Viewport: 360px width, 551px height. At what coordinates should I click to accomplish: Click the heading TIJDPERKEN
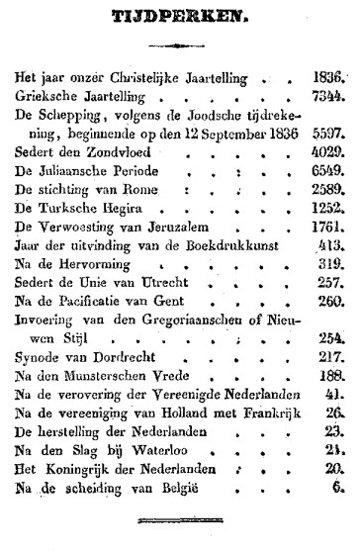179,17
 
